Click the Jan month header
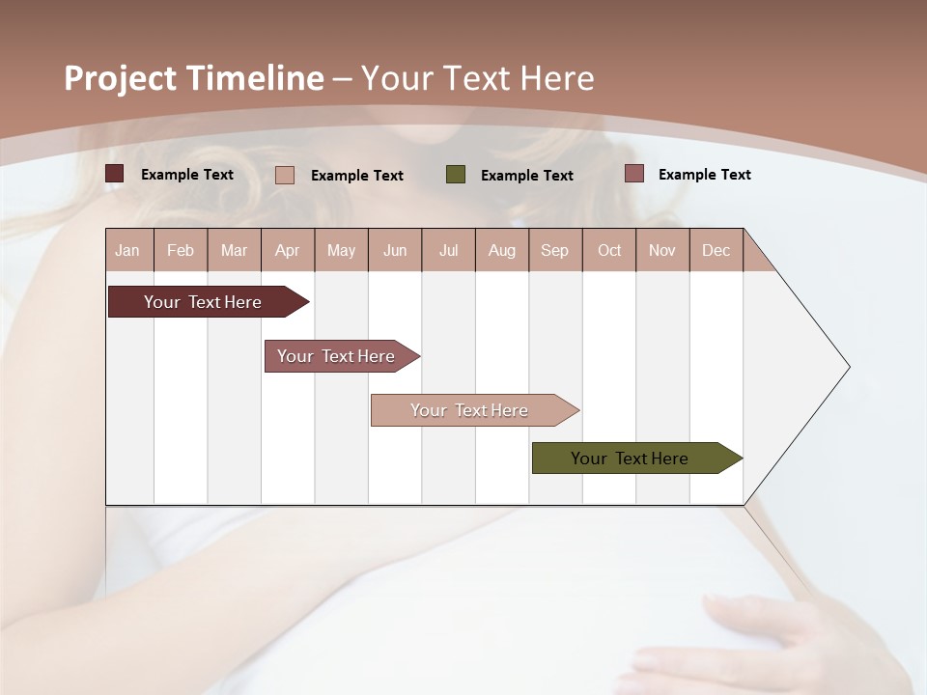click(x=128, y=250)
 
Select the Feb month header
click(x=181, y=250)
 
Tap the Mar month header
click(x=234, y=250)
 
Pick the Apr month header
click(x=287, y=250)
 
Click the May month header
click(x=341, y=250)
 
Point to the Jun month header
click(x=395, y=250)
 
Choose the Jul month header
click(x=448, y=250)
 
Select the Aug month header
click(x=502, y=250)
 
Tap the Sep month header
click(x=555, y=250)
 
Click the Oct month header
click(x=609, y=250)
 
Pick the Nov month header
click(x=662, y=250)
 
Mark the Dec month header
click(x=716, y=250)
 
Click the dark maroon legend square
click(x=115, y=174)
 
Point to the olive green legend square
click(x=456, y=175)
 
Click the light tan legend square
click(x=285, y=175)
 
